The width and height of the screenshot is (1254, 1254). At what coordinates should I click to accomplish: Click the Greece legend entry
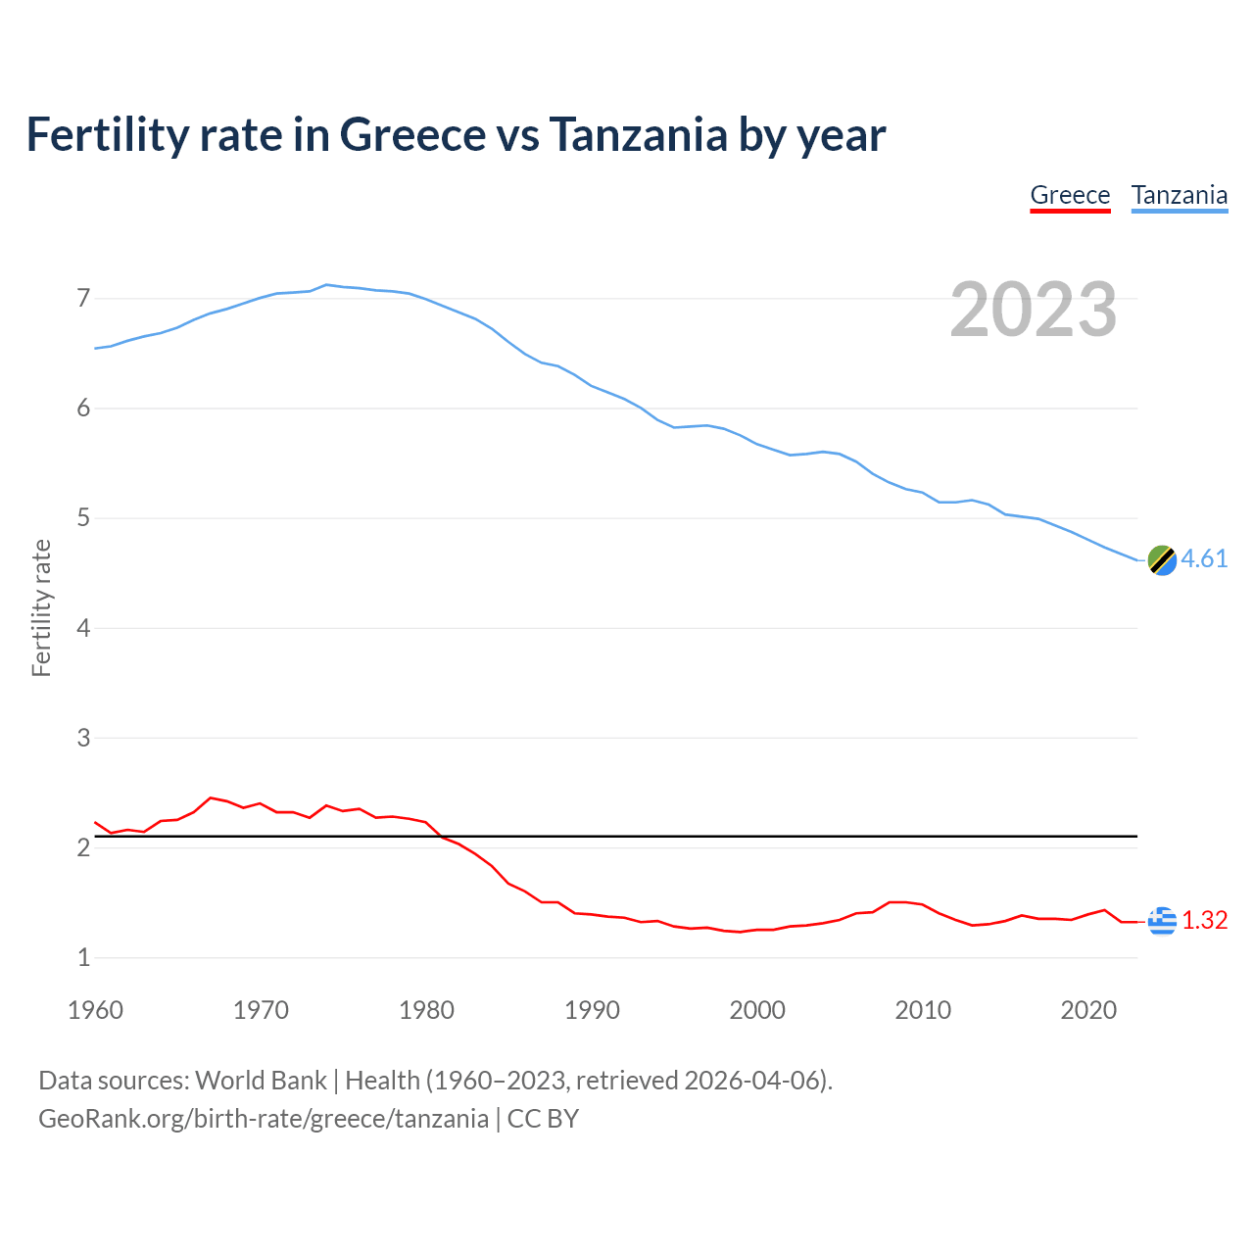[1070, 195]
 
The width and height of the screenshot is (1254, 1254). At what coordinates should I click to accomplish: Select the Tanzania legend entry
[1179, 195]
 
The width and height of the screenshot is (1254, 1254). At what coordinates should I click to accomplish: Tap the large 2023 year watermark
[1034, 310]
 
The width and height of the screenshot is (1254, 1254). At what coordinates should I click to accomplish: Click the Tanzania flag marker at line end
[1162, 560]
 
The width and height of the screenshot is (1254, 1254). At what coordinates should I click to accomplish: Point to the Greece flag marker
[1162, 921]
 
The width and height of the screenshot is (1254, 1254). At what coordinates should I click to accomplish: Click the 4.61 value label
[1204, 558]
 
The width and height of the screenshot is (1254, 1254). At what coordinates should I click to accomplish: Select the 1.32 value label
[1204, 921]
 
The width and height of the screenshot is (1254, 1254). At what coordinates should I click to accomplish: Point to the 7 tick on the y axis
[83, 298]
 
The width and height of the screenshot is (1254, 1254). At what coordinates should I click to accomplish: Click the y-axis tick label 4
[83, 628]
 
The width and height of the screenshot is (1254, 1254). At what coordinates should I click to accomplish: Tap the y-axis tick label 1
[83, 958]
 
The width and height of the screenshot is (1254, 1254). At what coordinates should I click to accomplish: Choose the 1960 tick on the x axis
[95, 1010]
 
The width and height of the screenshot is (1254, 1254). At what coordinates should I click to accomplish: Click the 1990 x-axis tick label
[592, 1010]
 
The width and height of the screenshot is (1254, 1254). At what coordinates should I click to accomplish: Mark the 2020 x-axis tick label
[1088, 1010]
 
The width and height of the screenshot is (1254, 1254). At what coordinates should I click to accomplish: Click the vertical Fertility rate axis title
[41, 607]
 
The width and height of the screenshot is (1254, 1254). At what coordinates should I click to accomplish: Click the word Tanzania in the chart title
[638, 134]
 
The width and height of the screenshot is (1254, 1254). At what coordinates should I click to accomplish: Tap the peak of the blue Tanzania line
[326, 284]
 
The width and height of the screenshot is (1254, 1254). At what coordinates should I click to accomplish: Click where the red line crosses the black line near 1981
[440, 837]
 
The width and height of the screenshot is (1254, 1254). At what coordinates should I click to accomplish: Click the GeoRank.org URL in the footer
[263, 1118]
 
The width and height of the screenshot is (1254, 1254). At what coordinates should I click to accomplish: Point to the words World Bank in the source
[261, 1080]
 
